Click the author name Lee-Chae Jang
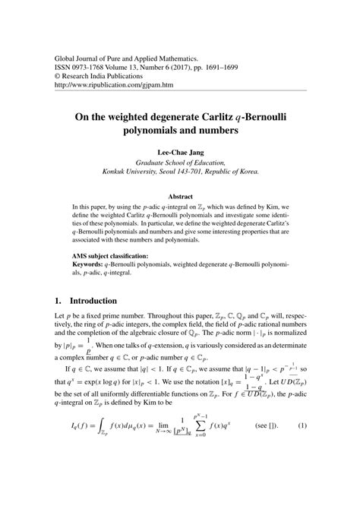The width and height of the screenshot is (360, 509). click(179, 151)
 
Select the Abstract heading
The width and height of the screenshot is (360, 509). click(180, 194)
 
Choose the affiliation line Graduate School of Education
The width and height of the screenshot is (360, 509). click(180, 162)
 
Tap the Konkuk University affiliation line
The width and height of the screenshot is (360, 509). click(180, 172)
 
